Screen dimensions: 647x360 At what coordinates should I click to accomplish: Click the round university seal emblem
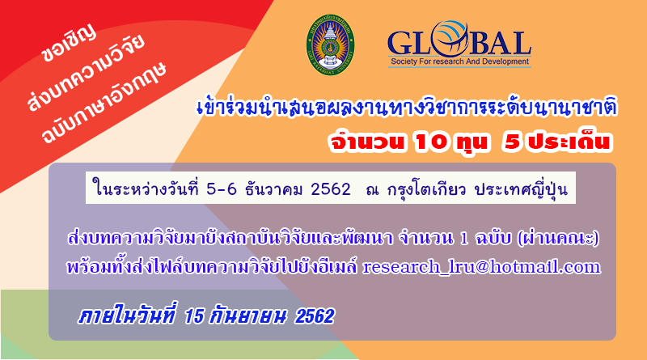(330, 44)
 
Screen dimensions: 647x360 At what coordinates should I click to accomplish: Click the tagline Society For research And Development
(459, 61)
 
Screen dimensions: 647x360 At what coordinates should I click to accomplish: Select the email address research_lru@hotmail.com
(481, 267)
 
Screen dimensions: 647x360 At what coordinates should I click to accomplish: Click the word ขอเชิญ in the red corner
(69, 44)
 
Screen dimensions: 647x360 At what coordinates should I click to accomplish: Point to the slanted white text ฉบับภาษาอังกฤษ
(104, 103)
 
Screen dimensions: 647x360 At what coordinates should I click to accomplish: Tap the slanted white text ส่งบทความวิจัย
(87, 73)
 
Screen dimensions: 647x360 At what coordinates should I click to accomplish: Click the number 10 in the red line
(431, 142)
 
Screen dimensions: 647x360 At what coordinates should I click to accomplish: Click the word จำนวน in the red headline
(366, 142)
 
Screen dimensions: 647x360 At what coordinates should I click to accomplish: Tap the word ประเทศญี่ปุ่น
(521, 189)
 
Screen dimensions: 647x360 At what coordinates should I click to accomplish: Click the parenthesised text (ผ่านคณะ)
(558, 239)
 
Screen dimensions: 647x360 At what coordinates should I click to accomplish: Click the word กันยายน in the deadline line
(247, 316)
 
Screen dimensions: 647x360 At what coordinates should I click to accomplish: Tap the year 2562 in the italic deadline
(315, 316)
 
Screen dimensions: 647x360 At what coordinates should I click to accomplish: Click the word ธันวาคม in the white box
(274, 189)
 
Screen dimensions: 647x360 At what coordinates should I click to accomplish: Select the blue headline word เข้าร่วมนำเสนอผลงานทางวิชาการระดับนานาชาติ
(407, 108)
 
